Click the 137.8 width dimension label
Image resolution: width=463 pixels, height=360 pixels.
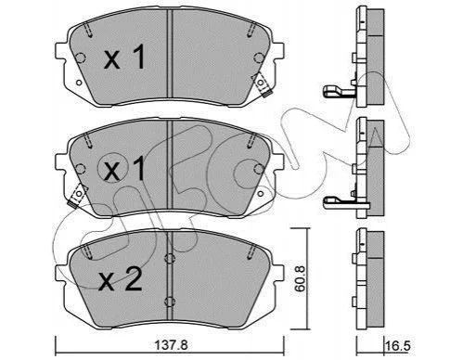[170, 344]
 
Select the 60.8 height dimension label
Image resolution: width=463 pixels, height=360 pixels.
[300, 278]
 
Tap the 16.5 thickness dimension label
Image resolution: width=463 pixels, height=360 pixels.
[397, 346]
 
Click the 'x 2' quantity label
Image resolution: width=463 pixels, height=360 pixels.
[120, 279]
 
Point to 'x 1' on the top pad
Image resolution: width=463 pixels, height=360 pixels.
[124, 57]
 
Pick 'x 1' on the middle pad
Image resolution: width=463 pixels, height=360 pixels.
[124, 169]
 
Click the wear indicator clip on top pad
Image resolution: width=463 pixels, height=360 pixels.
[262, 84]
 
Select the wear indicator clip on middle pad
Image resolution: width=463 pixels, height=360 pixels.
[77, 196]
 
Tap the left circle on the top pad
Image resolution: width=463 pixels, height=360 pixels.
[81, 58]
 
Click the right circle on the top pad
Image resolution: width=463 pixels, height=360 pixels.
[259, 58]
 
